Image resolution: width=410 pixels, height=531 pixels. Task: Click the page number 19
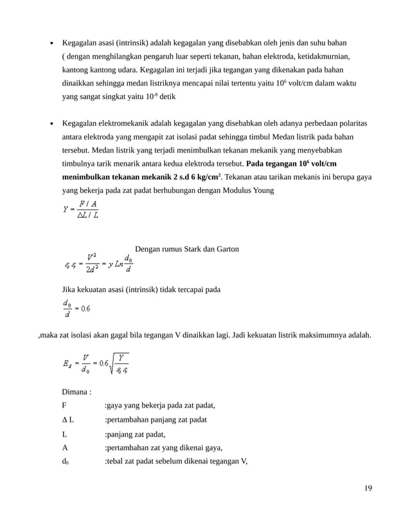pos(368,487)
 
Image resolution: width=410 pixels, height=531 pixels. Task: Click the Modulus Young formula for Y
pos(80,210)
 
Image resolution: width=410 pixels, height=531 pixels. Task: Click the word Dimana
pos(76,392)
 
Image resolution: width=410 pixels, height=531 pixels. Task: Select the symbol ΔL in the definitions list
pos(67,420)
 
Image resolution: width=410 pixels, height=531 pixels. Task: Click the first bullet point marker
pos(52,44)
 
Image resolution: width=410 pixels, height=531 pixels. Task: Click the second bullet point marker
pos(52,123)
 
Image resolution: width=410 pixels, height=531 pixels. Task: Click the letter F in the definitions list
pos(64,406)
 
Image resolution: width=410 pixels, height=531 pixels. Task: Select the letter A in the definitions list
pos(64,447)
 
